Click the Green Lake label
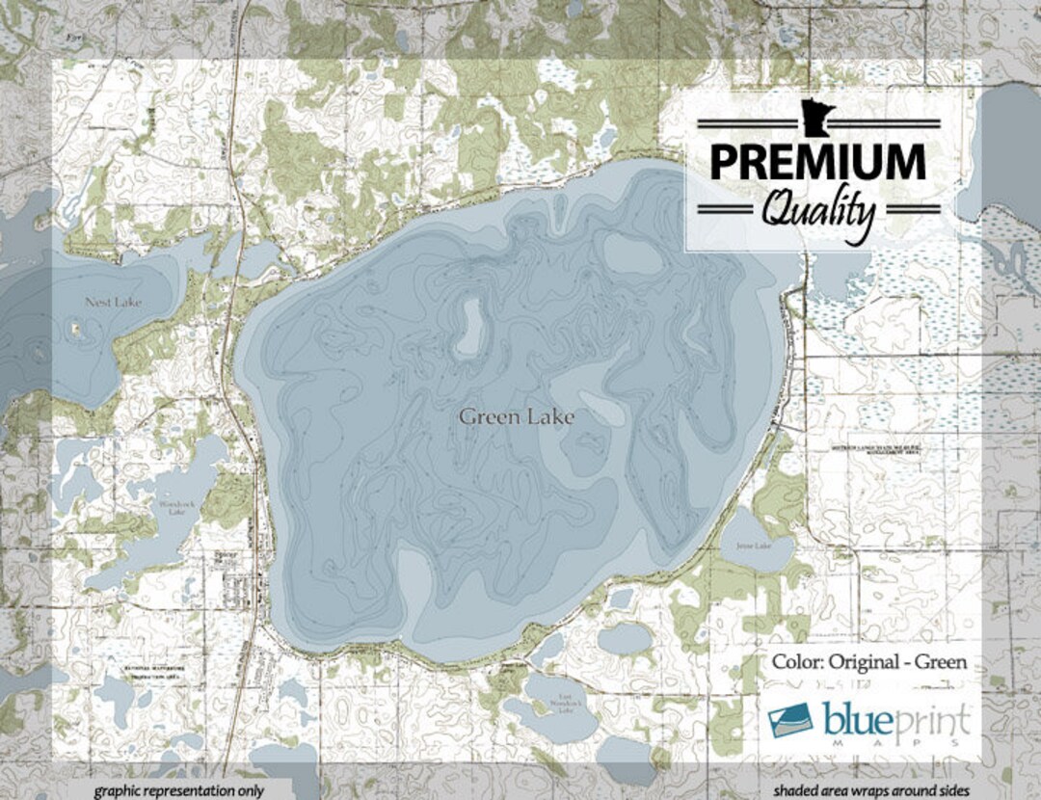tap(517, 417)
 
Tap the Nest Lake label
tap(113, 303)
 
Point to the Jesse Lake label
tap(754, 547)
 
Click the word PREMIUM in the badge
tap(817, 162)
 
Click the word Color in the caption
tap(796, 662)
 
